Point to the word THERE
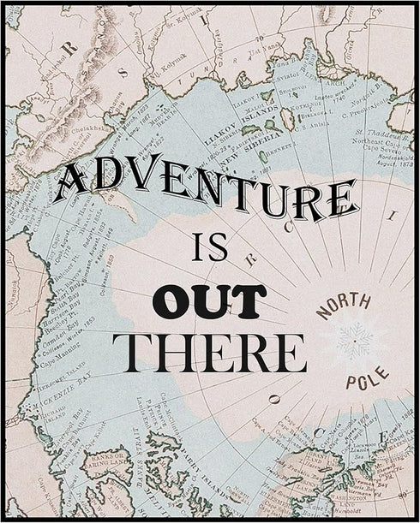(x=209, y=352)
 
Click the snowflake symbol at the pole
(x=354, y=340)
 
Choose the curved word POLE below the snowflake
(x=367, y=376)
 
